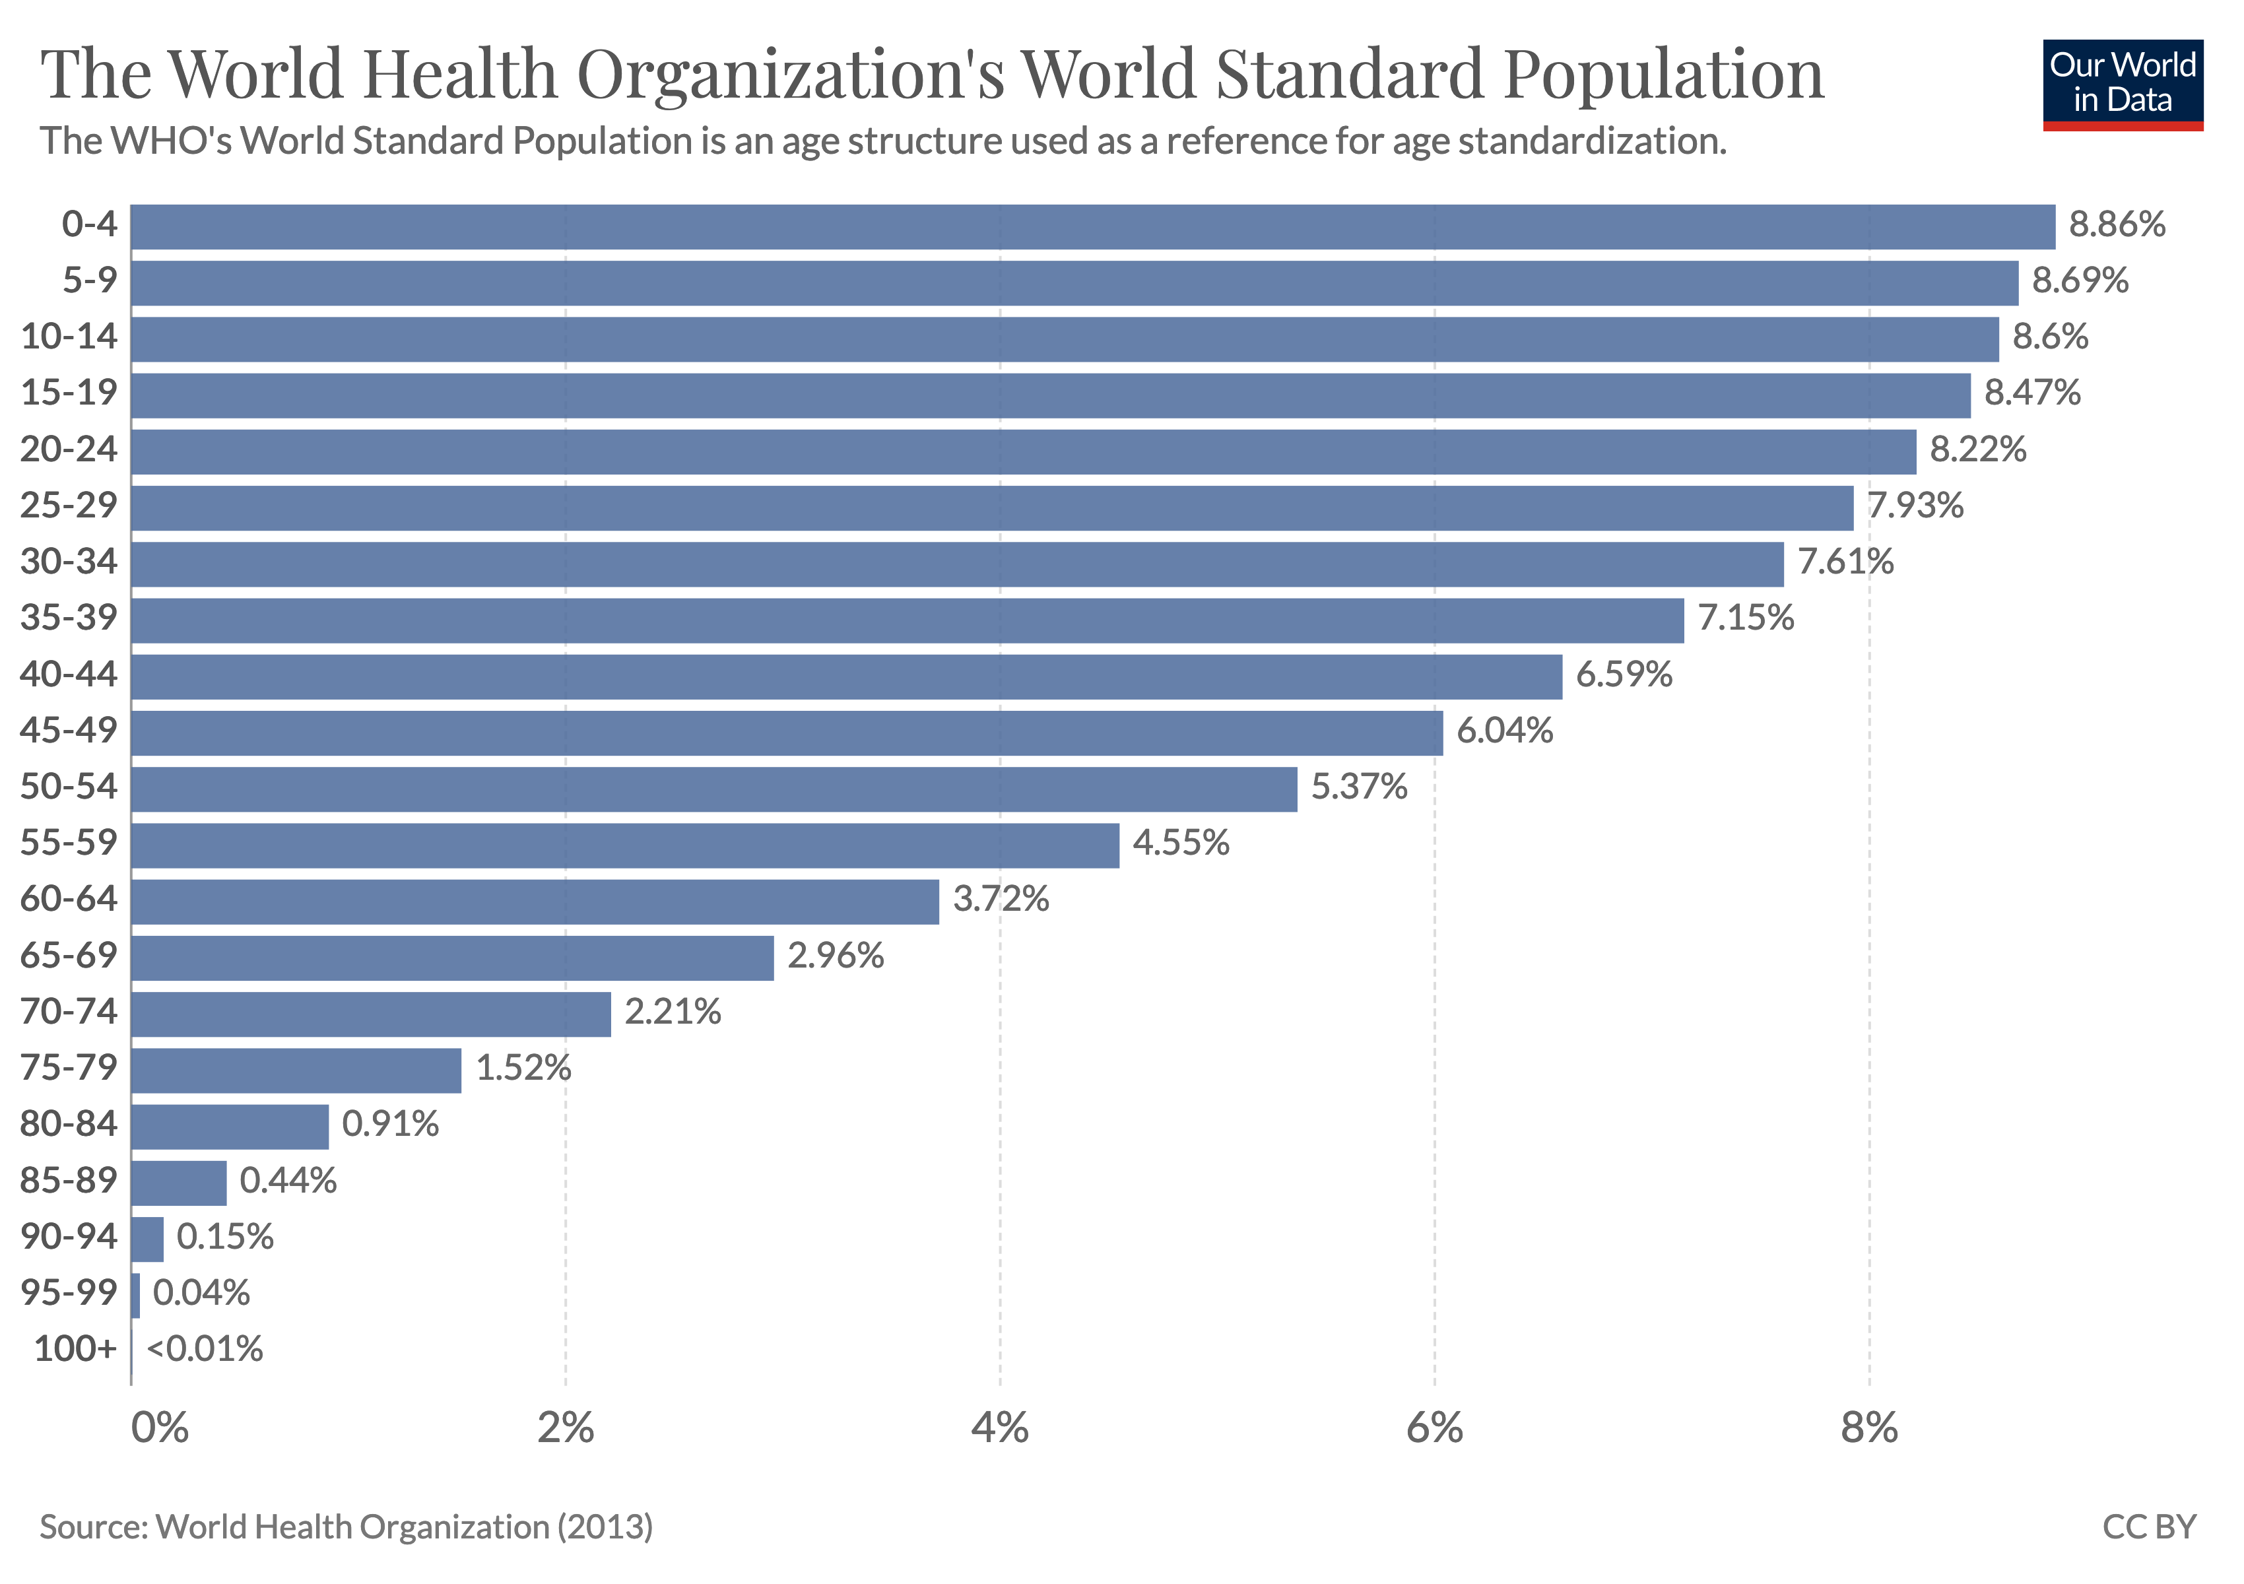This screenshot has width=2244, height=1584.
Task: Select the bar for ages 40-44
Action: click(846, 676)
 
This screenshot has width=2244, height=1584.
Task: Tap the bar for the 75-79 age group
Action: click(296, 1070)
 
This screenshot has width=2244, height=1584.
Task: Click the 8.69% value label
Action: click(2080, 281)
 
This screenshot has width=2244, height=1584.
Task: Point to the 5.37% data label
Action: click(1358, 787)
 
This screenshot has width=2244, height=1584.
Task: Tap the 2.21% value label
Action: click(673, 1011)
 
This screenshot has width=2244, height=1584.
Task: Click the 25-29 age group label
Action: click(69, 505)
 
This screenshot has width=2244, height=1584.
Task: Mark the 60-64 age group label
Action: click(69, 899)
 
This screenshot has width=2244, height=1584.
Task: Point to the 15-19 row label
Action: click(69, 393)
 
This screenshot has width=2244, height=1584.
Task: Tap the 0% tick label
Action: click(159, 1429)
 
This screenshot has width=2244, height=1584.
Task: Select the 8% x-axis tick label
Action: click(1868, 1429)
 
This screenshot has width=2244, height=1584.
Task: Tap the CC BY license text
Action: click(2149, 1527)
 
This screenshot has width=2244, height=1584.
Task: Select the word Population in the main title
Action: click(1663, 75)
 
